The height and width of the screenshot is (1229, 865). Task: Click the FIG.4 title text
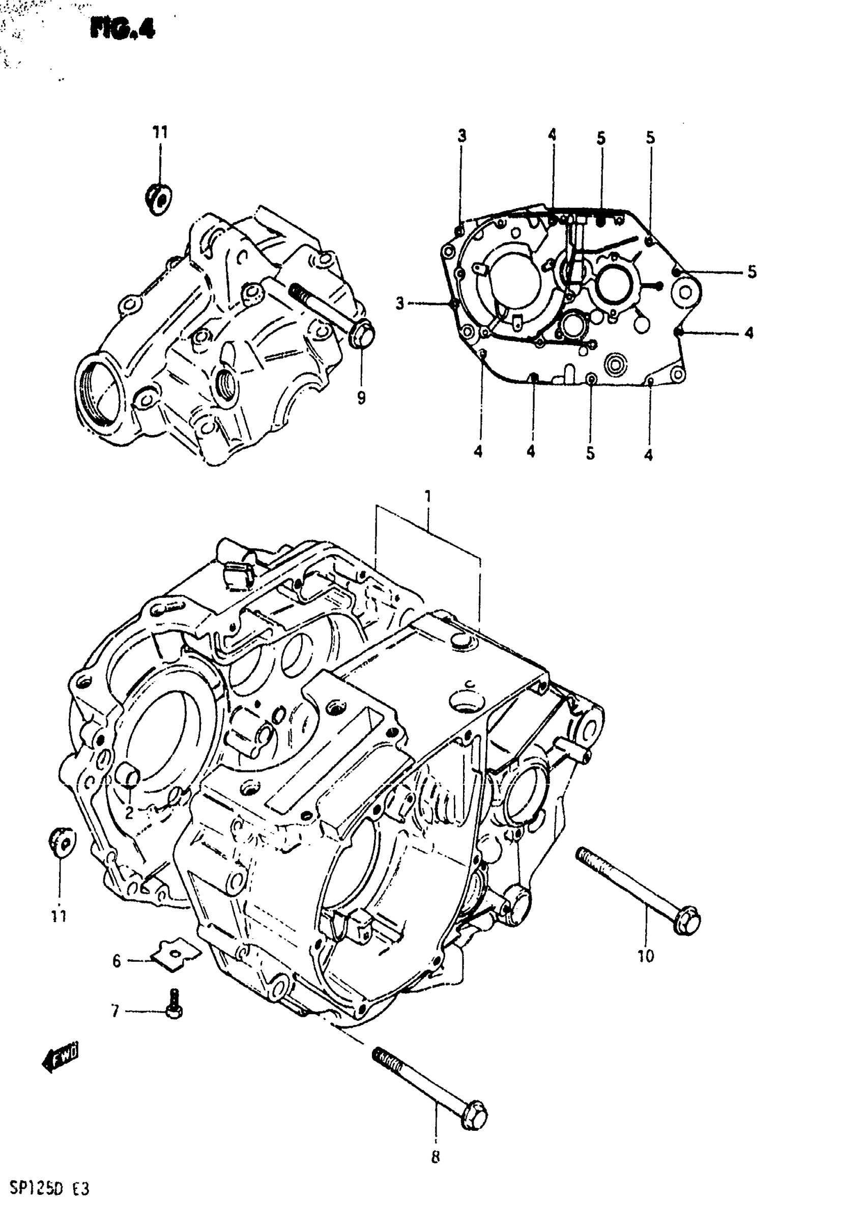pyautogui.click(x=123, y=29)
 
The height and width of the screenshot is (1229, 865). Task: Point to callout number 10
pyautogui.click(x=646, y=956)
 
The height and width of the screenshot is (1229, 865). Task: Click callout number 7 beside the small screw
pyautogui.click(x=115, y=1011)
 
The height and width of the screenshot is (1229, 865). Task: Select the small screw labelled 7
pyautogui.click(x=174, y=1004)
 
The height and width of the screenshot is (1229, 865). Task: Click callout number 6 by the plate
pyautogui.click(x=117, y=961)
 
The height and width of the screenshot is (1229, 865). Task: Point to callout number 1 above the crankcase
pyautogui.click(x=428, y=497)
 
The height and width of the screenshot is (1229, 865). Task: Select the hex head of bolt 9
pyautogui.click(x=362, y=333)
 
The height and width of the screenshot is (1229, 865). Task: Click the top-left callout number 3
pyautogui.click(x=462, y=135)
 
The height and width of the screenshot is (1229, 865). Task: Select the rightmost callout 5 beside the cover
pyautogui.click(x=752, y=272)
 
